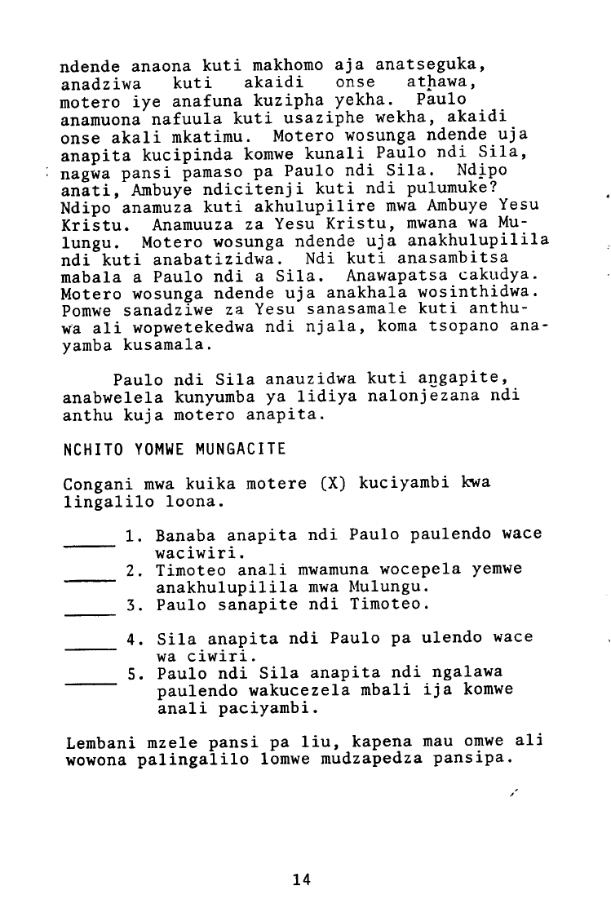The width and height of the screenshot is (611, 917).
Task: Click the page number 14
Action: [301, 879]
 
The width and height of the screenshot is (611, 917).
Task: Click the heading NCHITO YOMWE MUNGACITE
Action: [174, 450]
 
